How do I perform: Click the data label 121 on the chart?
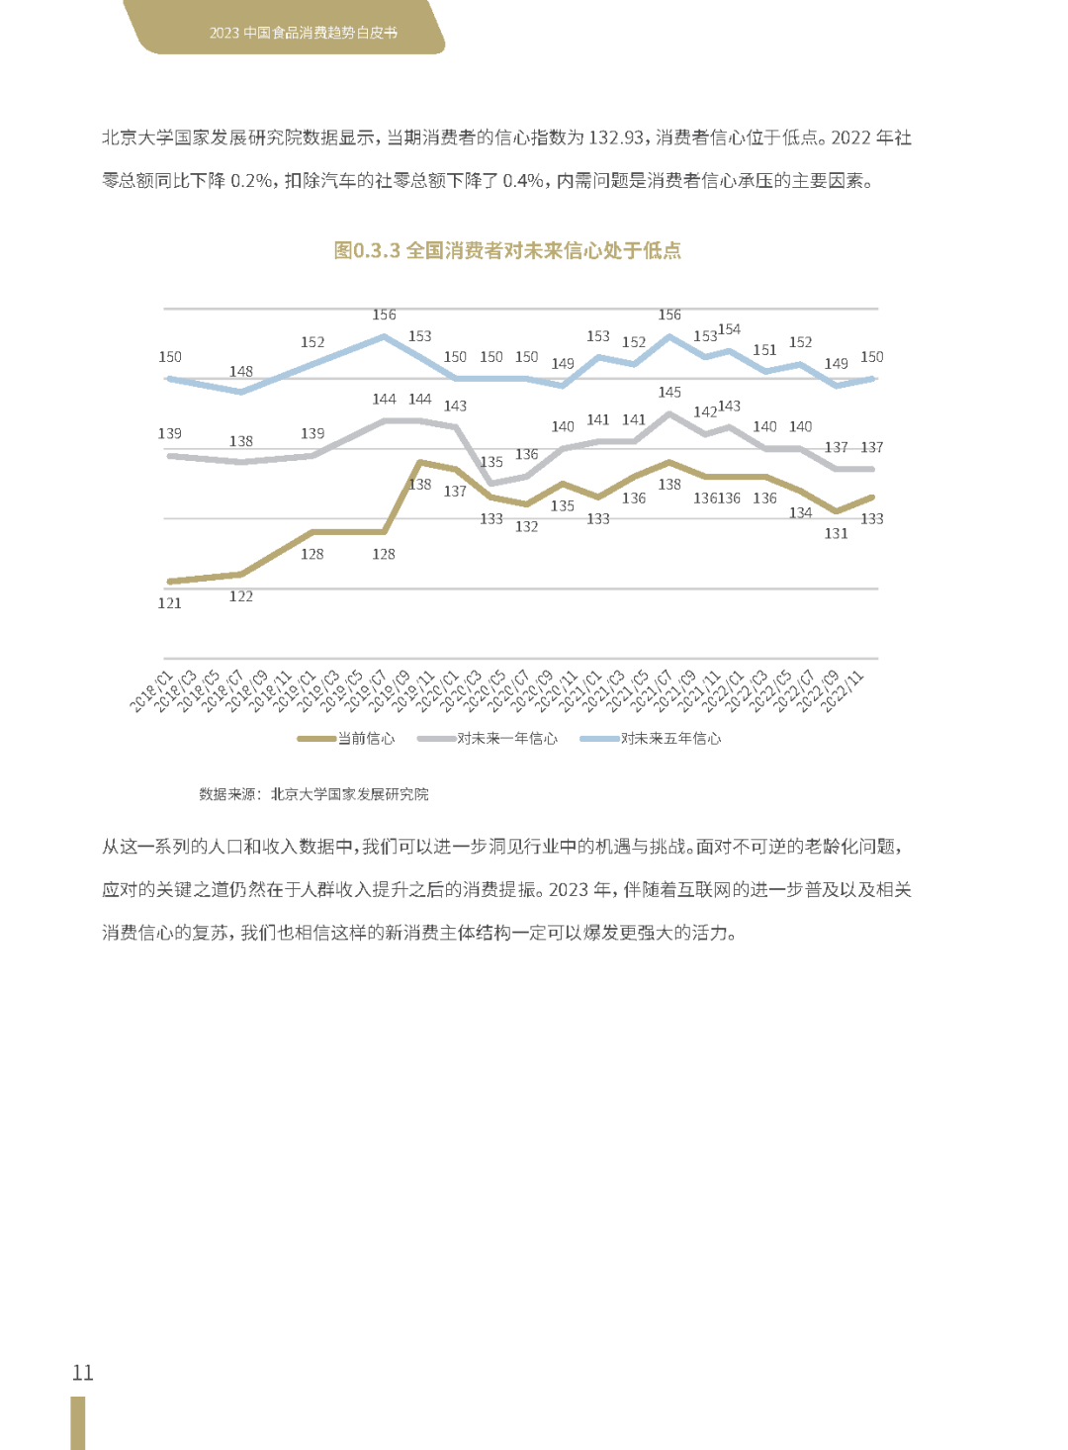170,603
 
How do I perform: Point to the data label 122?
241,596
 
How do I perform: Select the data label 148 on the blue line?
241,372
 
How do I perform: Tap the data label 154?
729,329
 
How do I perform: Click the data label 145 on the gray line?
669,393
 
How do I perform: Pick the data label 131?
837,534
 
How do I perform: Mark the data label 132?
527,527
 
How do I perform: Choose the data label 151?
764,350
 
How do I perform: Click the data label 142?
705,412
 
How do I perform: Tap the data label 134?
800,513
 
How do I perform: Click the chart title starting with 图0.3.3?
507,251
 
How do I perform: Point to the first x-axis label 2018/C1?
150,691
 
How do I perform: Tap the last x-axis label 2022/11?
843,691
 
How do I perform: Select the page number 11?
83,1373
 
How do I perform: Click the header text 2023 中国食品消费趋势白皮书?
304,33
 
